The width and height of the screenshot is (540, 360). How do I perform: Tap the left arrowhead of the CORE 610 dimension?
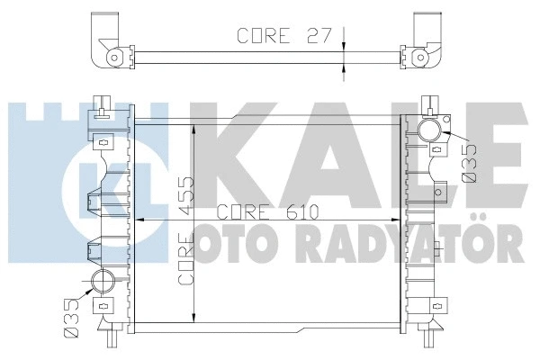pyautogui.click(x=139, y=219)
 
